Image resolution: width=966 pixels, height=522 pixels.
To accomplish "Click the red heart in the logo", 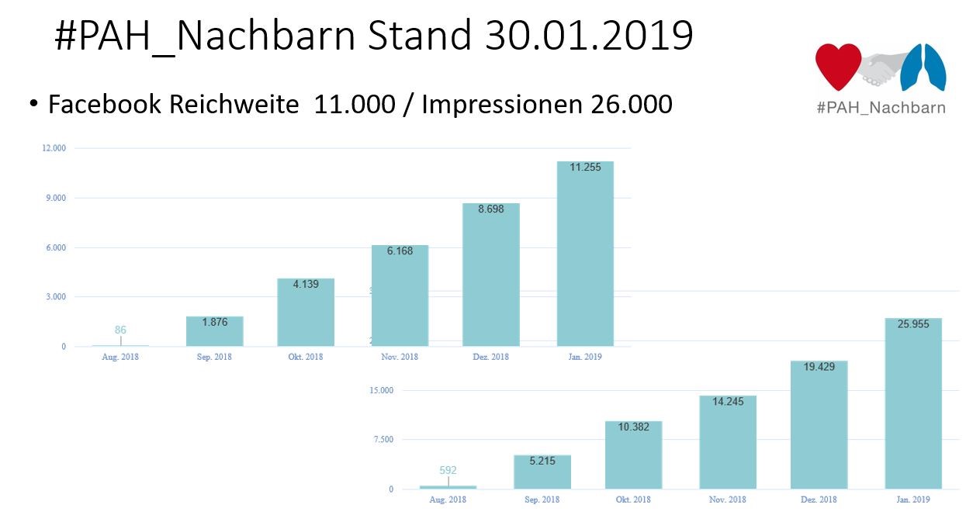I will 838,66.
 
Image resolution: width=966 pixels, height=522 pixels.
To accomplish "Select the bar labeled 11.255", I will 585,256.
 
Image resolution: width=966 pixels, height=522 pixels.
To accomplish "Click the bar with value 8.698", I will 490,275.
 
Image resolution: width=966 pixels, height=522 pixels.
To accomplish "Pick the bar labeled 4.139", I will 306,313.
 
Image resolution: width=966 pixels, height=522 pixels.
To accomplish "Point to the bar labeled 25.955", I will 912,403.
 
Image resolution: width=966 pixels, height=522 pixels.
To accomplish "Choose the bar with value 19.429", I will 819,425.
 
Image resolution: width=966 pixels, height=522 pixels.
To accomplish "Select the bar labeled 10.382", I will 633,455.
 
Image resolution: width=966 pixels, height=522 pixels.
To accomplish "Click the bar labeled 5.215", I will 542,472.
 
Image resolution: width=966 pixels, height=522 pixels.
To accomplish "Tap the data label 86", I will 120,330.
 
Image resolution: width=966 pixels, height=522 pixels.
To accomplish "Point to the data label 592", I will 448,470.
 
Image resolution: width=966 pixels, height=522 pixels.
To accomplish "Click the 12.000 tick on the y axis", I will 54,148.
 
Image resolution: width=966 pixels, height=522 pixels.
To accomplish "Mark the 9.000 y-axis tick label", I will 56,198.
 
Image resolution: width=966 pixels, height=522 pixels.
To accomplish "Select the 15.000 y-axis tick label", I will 382,390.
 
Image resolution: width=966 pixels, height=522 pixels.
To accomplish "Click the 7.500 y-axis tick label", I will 383,440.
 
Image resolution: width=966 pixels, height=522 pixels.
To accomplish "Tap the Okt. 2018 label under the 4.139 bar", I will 305,357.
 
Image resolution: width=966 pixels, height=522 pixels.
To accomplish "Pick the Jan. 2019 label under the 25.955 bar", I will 912,500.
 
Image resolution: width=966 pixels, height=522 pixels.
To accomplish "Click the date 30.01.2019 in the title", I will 590,35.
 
